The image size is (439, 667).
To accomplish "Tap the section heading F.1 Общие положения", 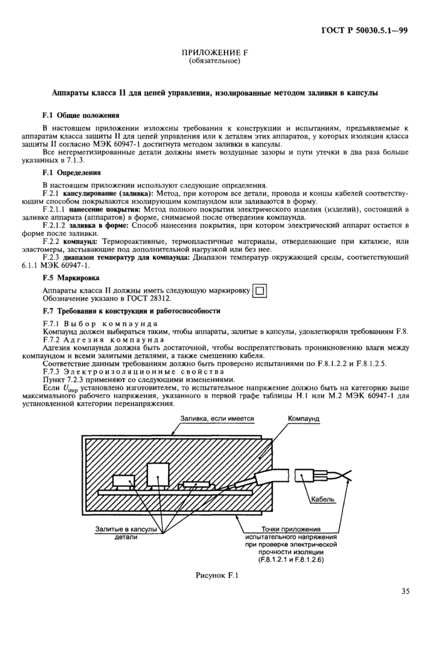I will pos(80,115).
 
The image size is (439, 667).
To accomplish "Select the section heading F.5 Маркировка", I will pos(71,277).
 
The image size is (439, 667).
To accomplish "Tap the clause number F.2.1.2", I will pos(55,225).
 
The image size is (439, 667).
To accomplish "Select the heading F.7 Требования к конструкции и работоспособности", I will pos(130,311).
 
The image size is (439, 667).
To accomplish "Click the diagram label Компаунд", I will pos(304,419).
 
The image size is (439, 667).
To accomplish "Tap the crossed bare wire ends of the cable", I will pos(343,479).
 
